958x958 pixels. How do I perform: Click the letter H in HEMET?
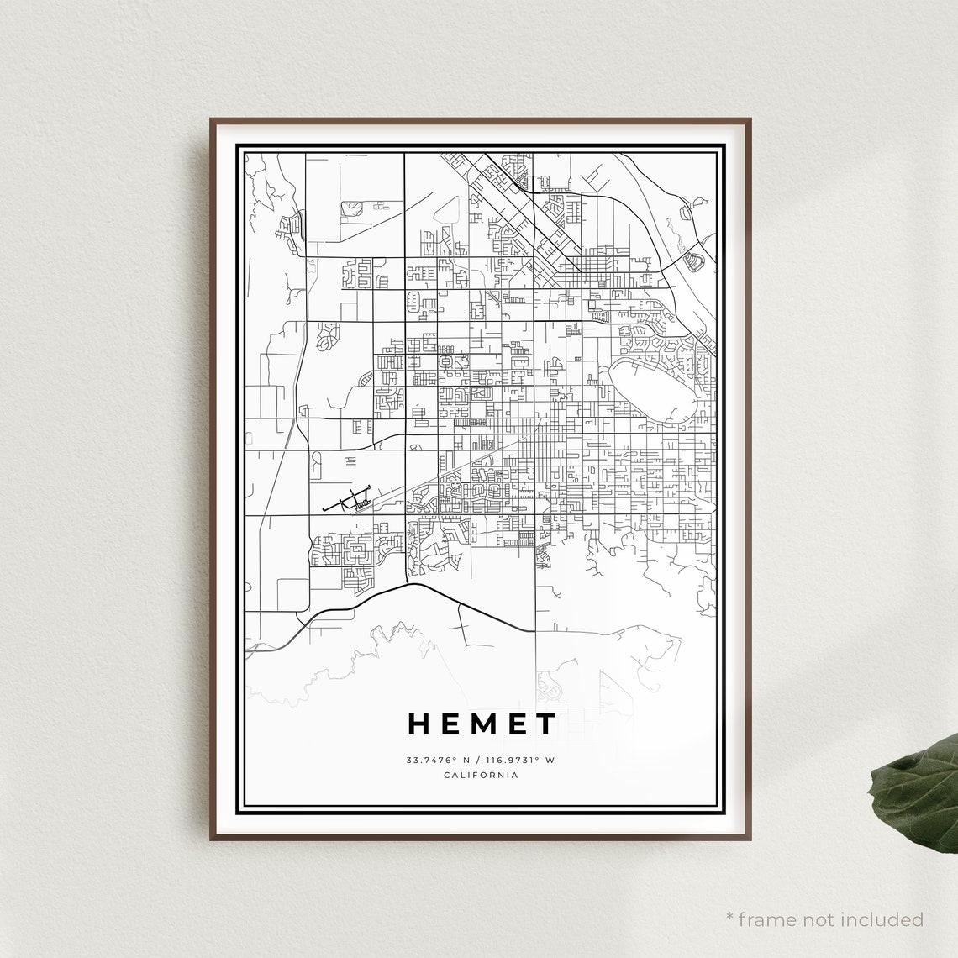coord(420,724)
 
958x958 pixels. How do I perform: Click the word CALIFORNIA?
coord(481,775)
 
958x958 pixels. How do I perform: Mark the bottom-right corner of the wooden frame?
coord(749,839)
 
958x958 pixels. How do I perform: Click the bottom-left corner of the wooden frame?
coord(211,839)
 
